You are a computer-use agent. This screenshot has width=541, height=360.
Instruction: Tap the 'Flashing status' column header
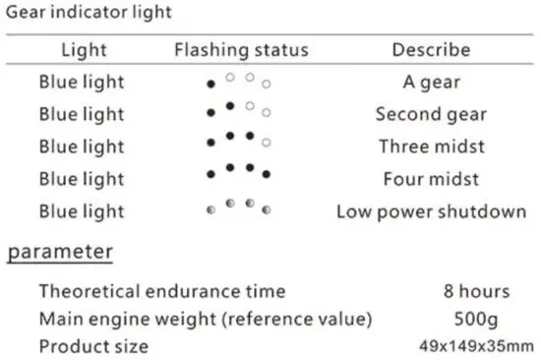241,49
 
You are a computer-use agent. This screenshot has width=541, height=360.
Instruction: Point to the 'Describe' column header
431,49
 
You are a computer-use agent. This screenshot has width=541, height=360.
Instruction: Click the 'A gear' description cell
431,82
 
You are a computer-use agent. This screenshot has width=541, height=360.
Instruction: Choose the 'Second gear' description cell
431,114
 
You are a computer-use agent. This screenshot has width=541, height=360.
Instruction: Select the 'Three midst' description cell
431,147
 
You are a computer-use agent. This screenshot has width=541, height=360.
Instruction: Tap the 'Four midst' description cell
431,179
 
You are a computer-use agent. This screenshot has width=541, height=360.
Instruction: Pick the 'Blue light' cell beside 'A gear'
82,82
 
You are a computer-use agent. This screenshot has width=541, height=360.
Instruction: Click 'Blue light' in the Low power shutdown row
82,211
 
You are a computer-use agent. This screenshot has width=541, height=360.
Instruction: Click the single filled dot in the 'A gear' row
210,85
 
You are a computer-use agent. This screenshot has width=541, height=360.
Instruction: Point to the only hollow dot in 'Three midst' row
267,142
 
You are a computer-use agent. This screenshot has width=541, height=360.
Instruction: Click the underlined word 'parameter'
61,252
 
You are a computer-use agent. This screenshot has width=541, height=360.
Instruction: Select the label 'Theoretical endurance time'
162,291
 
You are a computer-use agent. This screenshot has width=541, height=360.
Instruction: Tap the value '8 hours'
476,291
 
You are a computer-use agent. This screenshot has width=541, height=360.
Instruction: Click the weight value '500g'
476,319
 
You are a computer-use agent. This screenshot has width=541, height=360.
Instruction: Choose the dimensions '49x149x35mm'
476,346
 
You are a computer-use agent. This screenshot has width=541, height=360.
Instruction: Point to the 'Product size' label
93,346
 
